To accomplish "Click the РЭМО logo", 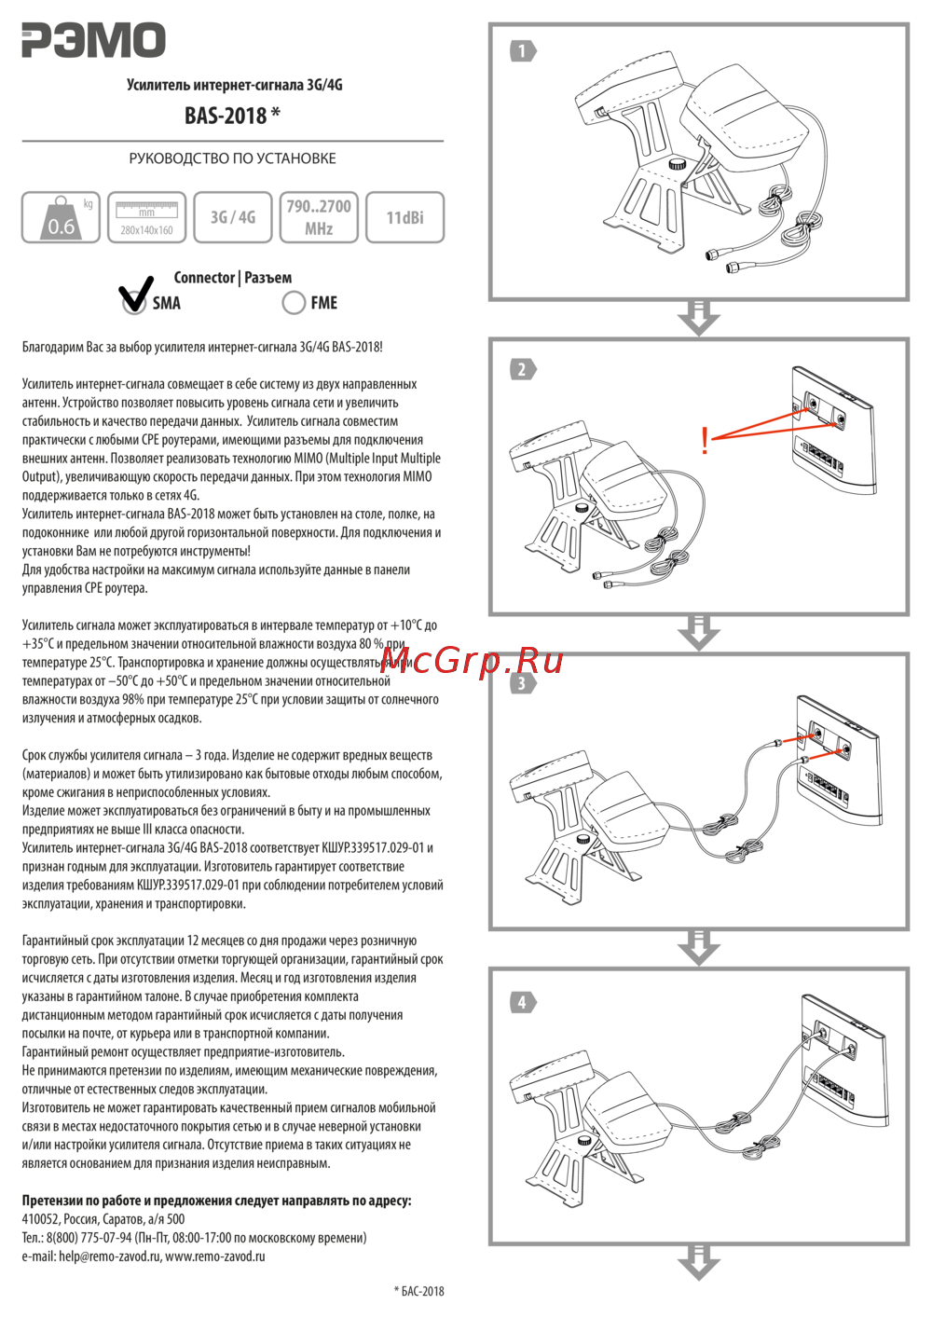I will [93, 40].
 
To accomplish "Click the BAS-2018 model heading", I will [232, 116].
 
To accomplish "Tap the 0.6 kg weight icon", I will [61, 218].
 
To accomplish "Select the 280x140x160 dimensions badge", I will [146, 218].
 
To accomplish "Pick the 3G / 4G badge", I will [232, 217].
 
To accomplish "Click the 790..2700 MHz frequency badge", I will [319, 217].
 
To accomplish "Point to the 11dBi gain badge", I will [404, 217].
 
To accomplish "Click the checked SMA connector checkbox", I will [134, 300].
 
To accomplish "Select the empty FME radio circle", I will [294, 303].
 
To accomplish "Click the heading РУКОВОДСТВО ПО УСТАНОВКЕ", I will [232, 158].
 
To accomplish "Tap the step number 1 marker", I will [523, 50].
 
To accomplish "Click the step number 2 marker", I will [523, 369].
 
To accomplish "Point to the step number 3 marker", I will [523, 683].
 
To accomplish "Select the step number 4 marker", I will [523, 1002].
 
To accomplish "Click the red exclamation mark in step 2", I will [705, 440].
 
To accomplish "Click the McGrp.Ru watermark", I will [472, 660].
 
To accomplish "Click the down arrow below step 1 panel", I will [699, 317].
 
